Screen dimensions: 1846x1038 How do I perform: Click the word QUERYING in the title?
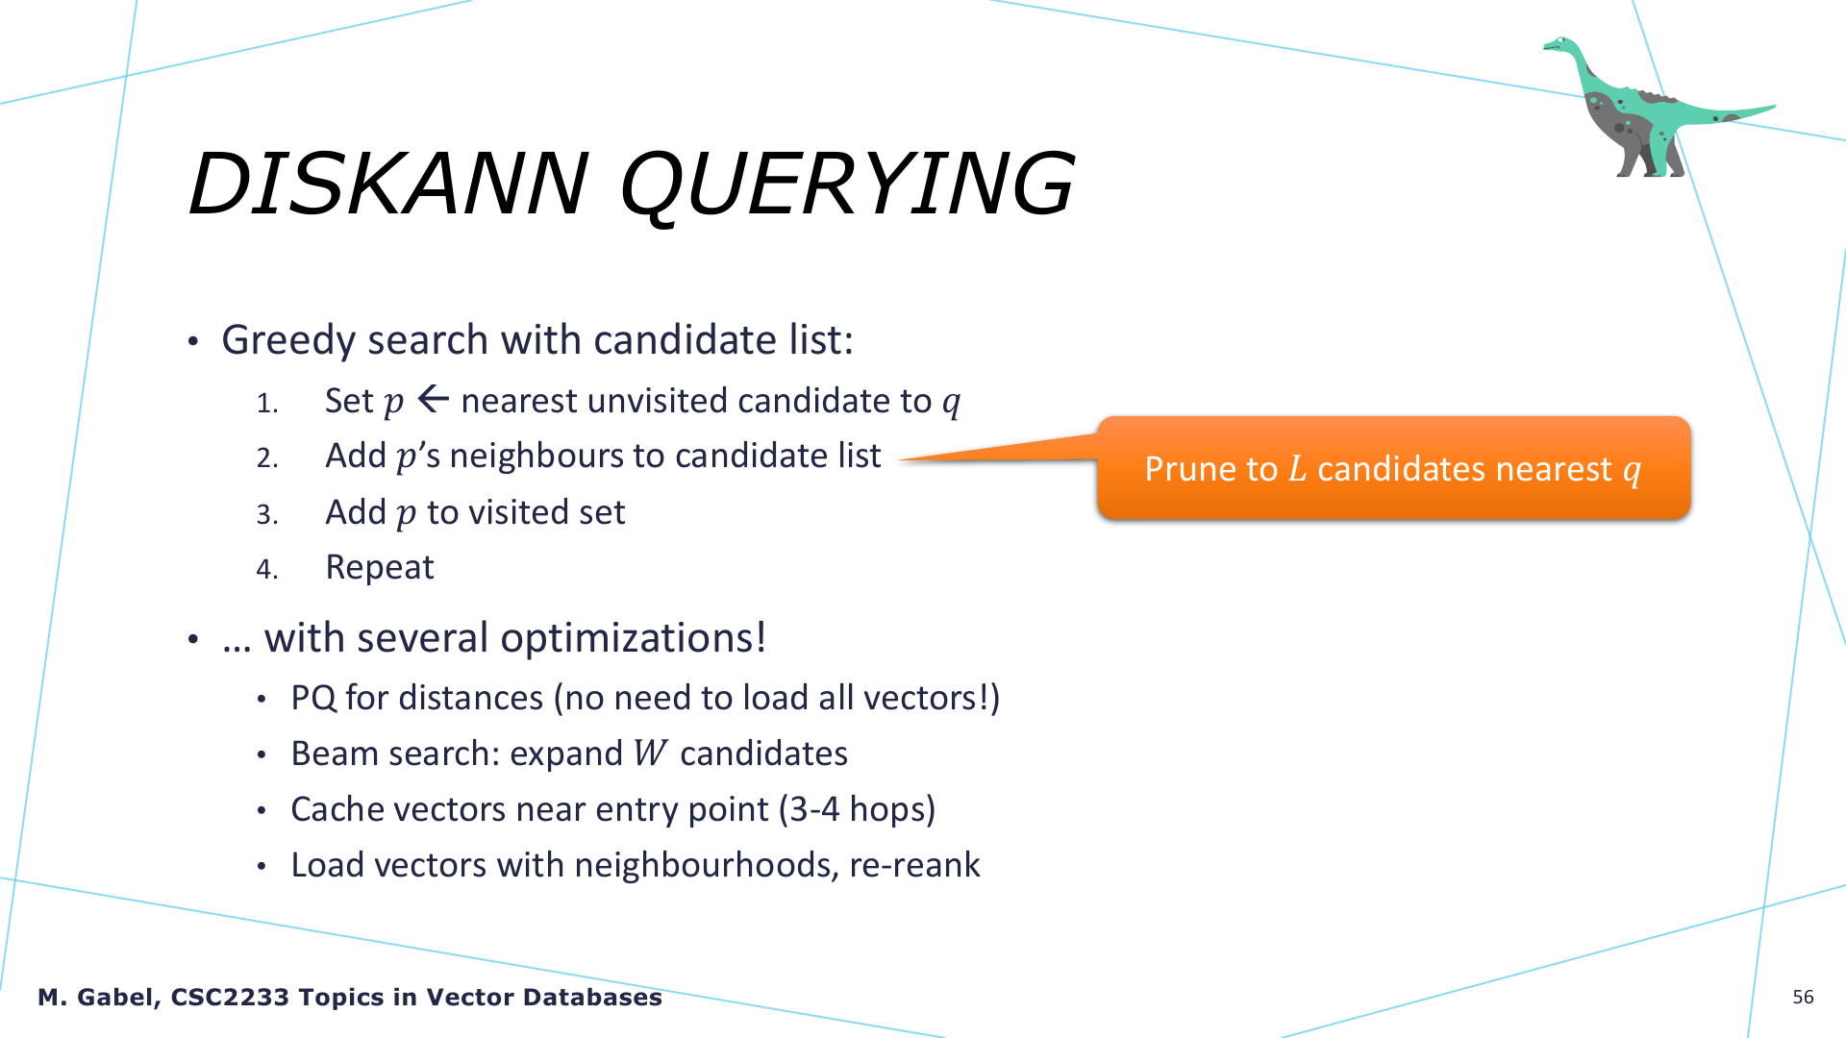pos(847,185)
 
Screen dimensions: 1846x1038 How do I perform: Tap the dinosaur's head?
pos(1559,44)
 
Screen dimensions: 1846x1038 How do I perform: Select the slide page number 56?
pos(1803,997)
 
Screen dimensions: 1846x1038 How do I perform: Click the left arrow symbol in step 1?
pos(434,399)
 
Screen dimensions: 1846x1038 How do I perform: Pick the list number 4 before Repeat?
pos(266,569)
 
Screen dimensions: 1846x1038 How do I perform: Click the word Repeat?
pos(380,567)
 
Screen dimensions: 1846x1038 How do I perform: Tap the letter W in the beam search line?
pos(650,753)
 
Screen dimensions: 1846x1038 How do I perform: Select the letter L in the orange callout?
pos(1297,468)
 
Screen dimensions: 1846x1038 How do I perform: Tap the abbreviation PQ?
pos(313,698)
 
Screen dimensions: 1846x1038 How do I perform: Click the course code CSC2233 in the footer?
pos(230,997)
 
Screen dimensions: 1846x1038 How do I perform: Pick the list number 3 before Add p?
pos(266,514)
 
